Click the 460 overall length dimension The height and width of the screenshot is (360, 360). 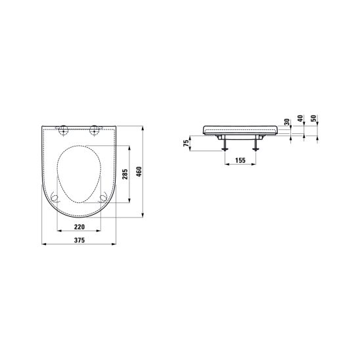click(x=139, y=171)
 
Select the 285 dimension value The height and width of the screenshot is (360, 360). click(x=125, y=174)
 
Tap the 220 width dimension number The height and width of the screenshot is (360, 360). click(x=79, y=227)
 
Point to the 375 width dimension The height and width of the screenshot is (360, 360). click(x=79, y=240)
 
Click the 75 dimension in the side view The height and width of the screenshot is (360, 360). click(x=187, y=143)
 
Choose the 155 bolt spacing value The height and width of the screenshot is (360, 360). click(x=240, y=160)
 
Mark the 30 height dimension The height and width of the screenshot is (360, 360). click(x=287, y=122)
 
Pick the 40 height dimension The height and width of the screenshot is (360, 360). click(x=300, y=118)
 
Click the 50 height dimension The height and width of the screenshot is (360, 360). click(x=313, y=118)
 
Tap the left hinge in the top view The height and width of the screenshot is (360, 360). click(x=62, y=131)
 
